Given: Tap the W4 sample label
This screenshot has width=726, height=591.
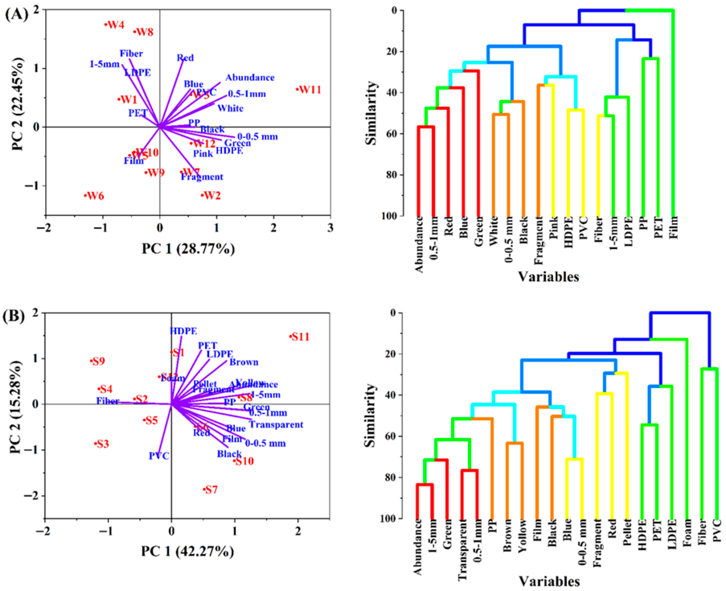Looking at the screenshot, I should [116, 25].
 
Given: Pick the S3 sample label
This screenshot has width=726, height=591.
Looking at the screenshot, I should [103, 444].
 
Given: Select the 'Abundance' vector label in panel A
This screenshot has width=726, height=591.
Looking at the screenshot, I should [250, 78].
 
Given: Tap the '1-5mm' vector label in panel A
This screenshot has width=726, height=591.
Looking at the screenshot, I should [104, 64].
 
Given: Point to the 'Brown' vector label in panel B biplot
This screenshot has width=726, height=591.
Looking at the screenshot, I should [244, 362].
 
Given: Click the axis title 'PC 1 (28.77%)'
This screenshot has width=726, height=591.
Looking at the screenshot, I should [188, 249].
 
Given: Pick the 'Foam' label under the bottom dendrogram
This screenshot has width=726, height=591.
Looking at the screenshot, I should [687, 533].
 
